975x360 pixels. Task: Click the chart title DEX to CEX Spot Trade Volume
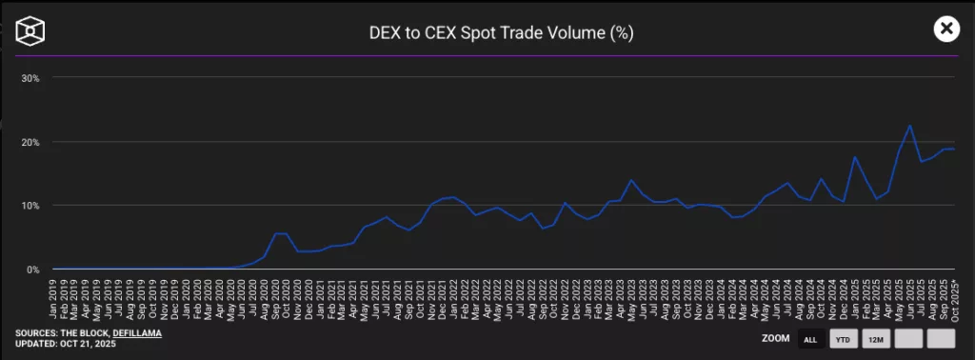(x=501, y=32)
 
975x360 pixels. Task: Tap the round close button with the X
(x=945, y=29)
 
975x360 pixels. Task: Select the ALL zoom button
(x=810, y=339)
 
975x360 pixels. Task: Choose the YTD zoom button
(x=843, y=339)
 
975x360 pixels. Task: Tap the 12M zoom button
(x=875, y=339)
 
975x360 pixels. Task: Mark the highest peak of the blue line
(x=909, y=126)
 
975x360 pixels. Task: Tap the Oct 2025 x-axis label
(x=953, y=300)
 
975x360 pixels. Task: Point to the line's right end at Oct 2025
(x=954, y=150)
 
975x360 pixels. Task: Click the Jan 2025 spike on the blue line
(x=855, y=157)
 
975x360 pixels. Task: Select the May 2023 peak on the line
(x=630, y=180)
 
